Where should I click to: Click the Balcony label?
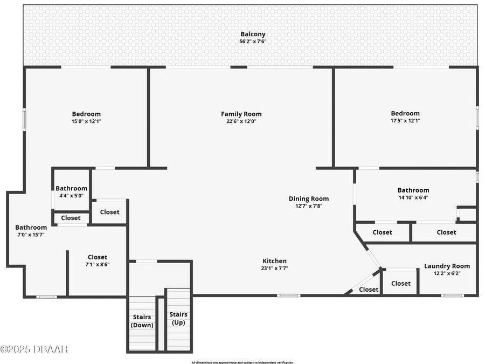253,34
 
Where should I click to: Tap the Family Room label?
241,114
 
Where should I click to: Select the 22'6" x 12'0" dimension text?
241,121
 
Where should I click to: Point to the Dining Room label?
308,198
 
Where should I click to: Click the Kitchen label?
274,261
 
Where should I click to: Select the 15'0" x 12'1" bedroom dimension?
86,121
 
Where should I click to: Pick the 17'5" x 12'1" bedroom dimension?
405,121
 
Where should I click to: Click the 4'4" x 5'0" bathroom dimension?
71,196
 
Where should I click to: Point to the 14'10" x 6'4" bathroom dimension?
413,197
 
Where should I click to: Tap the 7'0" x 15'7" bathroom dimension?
31,235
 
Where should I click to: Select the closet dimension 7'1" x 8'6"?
97,264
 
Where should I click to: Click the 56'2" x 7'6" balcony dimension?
253,42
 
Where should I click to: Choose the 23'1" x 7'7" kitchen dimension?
274,268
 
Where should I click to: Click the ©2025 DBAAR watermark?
34,349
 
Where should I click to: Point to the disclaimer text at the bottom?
242,362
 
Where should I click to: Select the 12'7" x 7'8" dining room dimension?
308,206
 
